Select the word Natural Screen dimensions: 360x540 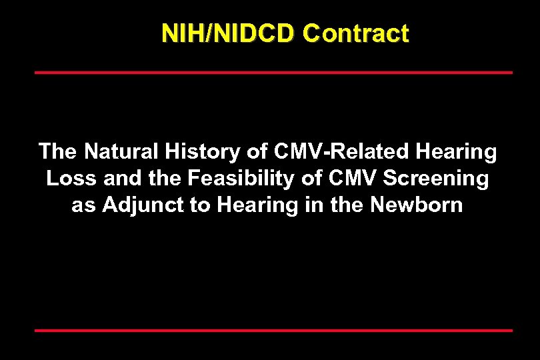121,151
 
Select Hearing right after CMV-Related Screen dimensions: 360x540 456,151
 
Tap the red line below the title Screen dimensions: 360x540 273,72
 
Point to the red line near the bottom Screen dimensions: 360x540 273,330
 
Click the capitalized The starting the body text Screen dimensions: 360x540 57,151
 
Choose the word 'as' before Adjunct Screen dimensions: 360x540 83,205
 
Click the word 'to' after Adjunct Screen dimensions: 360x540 200,205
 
